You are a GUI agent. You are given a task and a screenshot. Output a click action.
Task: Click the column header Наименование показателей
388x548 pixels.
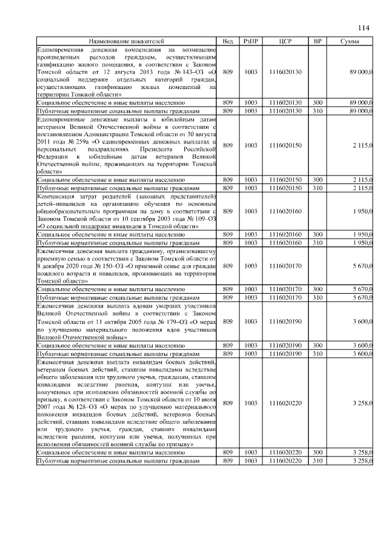[x=126, y=41]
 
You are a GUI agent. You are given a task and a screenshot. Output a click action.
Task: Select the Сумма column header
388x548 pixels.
[x=350, y=41]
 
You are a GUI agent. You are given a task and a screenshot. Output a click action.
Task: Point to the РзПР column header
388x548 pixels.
[x=250, y=41]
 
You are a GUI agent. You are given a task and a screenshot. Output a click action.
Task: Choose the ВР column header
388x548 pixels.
[x=317, y=41]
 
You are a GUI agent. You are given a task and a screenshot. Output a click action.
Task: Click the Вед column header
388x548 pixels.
[x=227, y=41]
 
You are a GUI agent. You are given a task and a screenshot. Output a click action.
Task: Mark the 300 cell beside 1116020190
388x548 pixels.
[x=317, y=345]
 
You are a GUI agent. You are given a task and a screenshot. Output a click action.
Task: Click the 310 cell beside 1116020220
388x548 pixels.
[x=317, y=461]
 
